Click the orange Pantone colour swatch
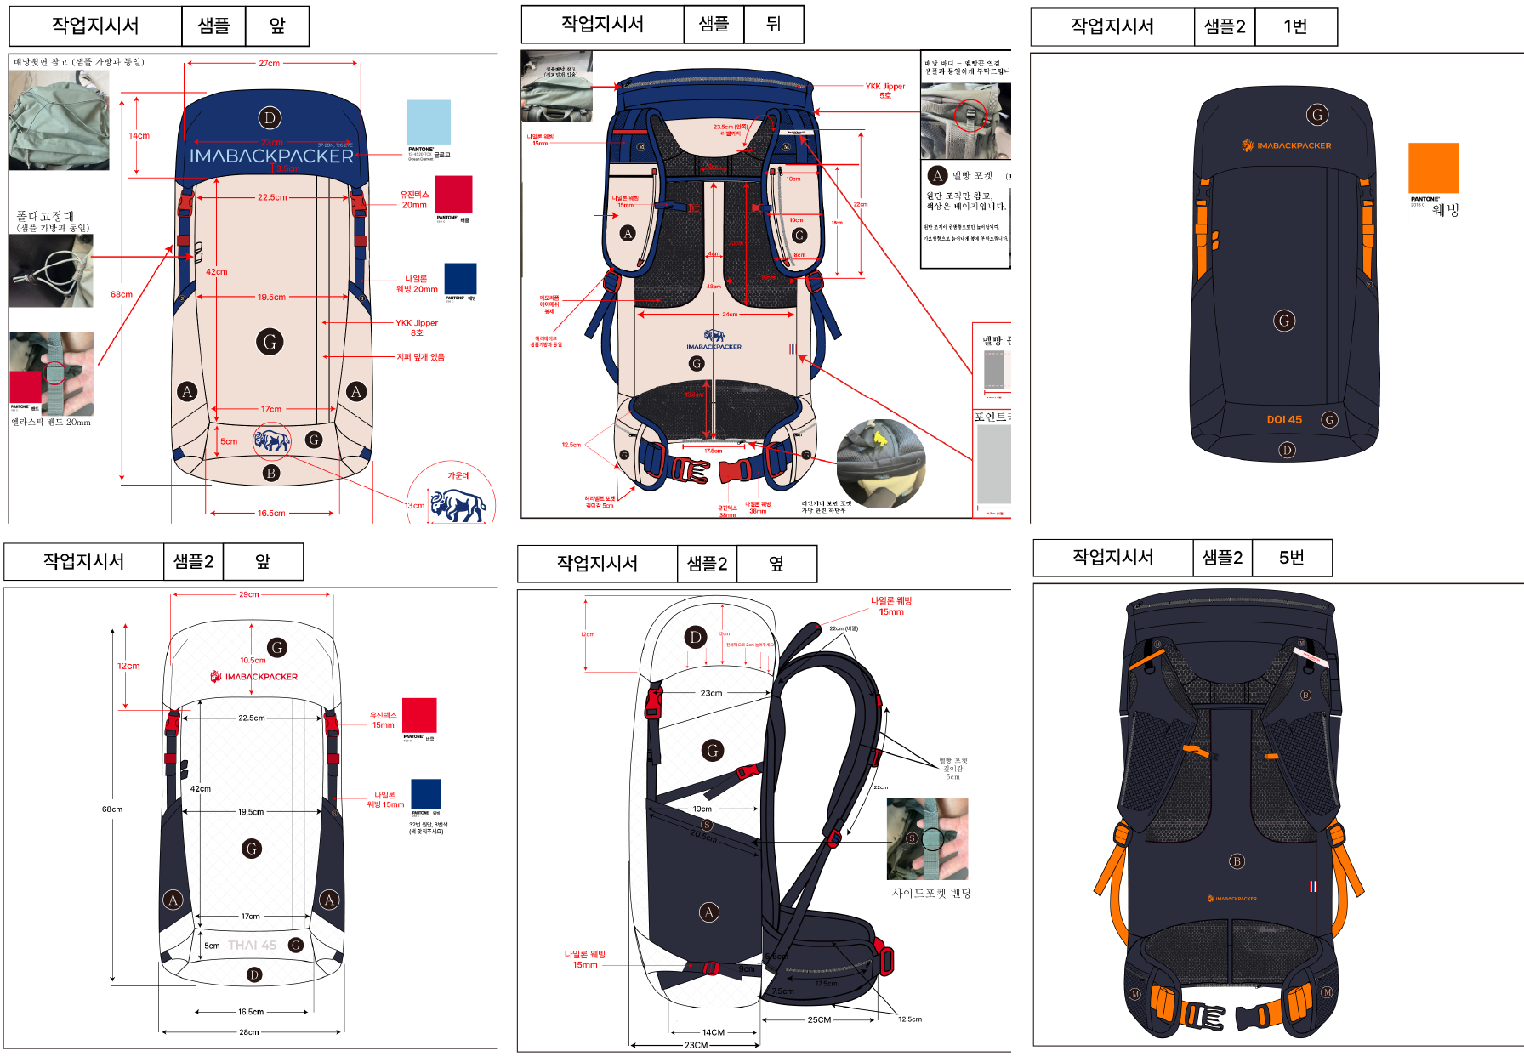pos(1433,168)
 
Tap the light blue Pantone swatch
pos(429,122)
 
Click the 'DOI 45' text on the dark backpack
pos(1284,419)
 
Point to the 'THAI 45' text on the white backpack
pos(253,945)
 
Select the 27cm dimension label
pos(269,64)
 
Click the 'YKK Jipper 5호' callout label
pos(885,90)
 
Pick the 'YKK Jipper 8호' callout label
pos(417,327)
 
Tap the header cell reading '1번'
pos(1295,26)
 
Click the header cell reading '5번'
pos(1291,558)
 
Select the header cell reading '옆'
pos(776,563)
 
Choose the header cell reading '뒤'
pos(773,24)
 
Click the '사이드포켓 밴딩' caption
pos(930,893)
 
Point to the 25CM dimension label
pos(819,1019)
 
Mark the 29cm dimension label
pos(249,594)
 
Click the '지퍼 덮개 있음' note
pos(420,357)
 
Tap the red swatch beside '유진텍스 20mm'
pos(453,194)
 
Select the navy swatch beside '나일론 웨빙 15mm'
pos(426,793)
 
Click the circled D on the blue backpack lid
pos(270,118)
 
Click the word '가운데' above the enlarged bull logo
pos(458,475)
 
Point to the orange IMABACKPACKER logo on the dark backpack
pos(1286,145)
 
